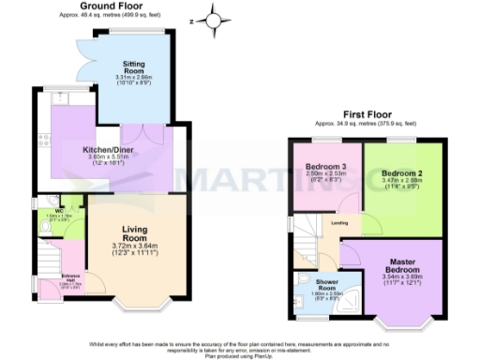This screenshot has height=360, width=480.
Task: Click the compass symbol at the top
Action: (x=215, y=19)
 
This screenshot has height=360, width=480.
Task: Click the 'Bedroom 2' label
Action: (x=401, y=174)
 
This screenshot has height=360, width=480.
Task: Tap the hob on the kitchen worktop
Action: (x=42, y=142)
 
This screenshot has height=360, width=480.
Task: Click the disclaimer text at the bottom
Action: (x=240, y=348)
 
